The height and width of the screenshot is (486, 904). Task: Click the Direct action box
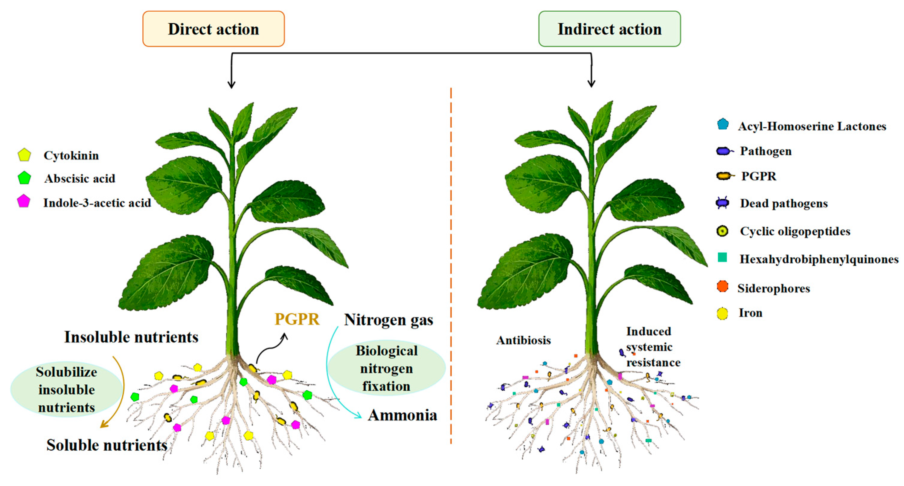click(x=214, y=29)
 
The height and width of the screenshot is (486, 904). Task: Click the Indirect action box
click(x=609, y=29)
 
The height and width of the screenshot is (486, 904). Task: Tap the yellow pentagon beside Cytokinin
click(x=24, y=155)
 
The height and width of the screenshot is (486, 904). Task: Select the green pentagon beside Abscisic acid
click(x=24, y=178)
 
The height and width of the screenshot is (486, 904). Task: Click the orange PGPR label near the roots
click(x=297, y=319)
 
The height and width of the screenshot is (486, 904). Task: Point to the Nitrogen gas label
click(x=388, y=320)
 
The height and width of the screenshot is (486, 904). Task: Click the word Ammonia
click(x=402, y=415)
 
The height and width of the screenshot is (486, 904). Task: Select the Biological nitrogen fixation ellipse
click(x=386, y=368)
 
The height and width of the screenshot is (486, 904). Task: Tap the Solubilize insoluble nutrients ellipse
click(x=66, y=389)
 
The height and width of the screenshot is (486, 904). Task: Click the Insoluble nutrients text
click(x=131, y=337)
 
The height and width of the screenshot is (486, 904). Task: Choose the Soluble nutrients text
click(x=107, y=445)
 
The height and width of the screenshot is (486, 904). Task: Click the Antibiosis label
click(x=523, y=340)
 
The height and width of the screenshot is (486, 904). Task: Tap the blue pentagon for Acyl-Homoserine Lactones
click(x=722, y=124)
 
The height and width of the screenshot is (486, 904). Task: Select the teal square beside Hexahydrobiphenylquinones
click(x=722, y=257)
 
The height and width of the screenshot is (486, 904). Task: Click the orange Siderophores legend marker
click(x=722, y=286)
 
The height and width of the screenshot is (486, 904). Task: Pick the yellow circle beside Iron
click(x=722, y=313)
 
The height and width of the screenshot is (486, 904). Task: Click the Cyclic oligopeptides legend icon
click(x=722, y=231)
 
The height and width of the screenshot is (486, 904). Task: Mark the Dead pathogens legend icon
click(x=722, y=203)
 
